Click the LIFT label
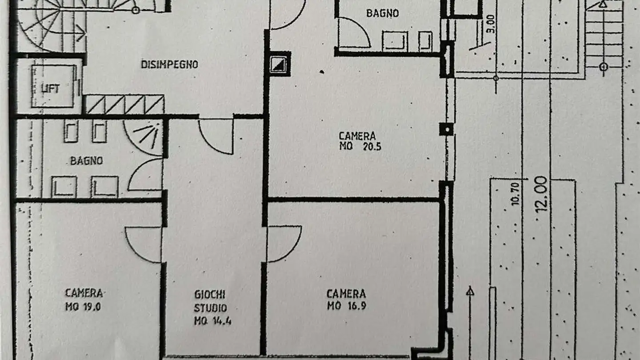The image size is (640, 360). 50,88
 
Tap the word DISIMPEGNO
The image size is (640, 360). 169,64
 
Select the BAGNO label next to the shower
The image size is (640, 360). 86,161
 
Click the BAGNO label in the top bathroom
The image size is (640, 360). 382,13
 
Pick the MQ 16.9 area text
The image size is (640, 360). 347,306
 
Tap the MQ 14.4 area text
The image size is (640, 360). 212,321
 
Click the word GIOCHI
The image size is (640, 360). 210,294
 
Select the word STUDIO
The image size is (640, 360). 210,308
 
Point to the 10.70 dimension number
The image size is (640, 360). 515,195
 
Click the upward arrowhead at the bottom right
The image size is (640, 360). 470,292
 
